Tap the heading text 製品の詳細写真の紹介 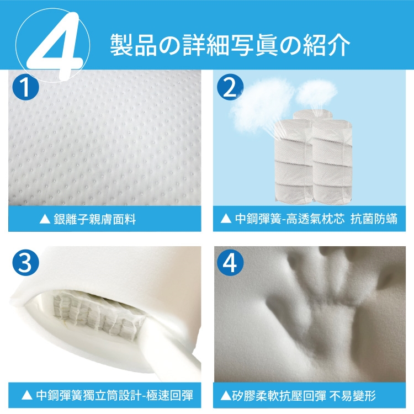[x=230, y=45]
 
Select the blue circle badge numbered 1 [x=25, y=87]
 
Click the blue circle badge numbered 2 [x=230, y=87]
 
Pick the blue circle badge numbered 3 [x=25, y=263]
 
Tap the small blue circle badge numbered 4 [x=230, y=263]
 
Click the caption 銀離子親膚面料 [x=94, y=219]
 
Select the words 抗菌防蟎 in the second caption [x=374, y=219]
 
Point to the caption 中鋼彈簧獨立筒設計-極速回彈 [x=115, y=395]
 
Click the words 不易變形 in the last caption [x=353, y=395]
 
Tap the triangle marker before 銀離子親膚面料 [x=45, y=219]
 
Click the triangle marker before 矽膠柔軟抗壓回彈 [x=225, y=395]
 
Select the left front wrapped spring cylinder [x=294, y=161]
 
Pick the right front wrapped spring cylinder [x=332, y=162]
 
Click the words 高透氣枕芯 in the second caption [x=315, y=219]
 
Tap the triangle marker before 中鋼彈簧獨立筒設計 [x=26, y=395]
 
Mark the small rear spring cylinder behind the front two [x=312, y=115]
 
